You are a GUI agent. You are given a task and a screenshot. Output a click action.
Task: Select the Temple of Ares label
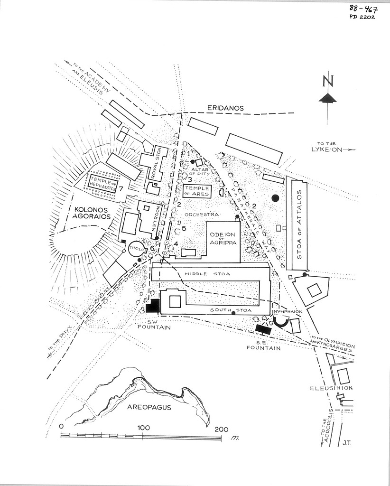tap(196, 191)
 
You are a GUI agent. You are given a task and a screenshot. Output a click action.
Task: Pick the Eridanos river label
tap(225, 108)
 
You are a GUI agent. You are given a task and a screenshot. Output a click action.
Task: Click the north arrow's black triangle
tap(328, 98)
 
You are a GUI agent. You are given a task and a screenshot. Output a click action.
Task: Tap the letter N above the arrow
tap(327, 82)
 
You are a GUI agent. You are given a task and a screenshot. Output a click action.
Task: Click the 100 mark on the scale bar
tap(143, 428)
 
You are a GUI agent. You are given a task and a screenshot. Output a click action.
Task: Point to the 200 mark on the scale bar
tap(221, 429)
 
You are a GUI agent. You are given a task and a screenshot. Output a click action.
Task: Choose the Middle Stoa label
tap(201, 274)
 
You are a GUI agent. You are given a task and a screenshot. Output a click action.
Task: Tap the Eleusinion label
tap(331, 388)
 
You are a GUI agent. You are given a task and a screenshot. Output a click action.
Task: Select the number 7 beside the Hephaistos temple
tap(121, 189)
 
